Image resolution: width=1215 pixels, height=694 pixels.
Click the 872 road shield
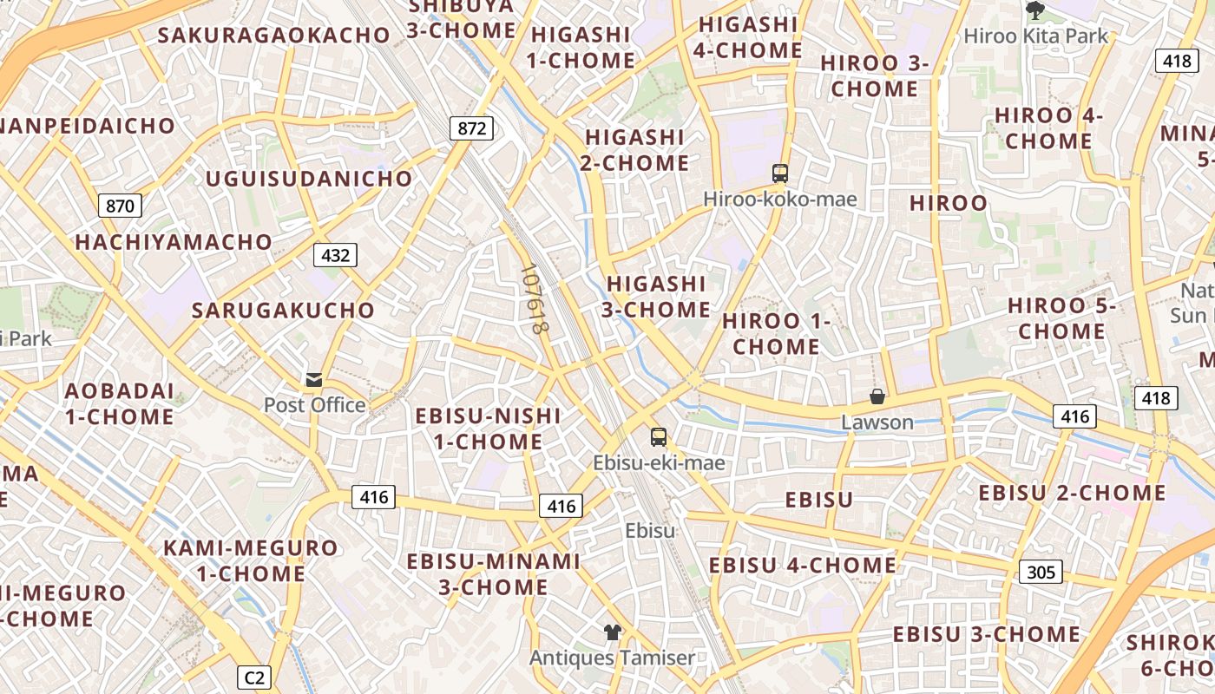tap(472, 128)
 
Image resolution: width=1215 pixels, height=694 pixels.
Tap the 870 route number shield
tap(120, 206)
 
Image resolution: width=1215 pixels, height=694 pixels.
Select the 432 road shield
tap(335, 255)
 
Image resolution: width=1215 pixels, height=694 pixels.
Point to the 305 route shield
tap(1041, 572)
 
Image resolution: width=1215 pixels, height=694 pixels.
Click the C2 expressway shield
tap(254, 677)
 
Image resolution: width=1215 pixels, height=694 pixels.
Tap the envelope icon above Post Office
tap(314, 380)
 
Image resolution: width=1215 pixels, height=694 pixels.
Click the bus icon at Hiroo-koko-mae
tap(779, 173)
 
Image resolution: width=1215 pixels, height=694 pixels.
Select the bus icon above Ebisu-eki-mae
tap(659, 436)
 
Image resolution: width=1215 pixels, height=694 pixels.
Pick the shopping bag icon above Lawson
tap(877, 396)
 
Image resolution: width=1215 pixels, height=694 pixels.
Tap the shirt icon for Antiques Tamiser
tap(613, 632)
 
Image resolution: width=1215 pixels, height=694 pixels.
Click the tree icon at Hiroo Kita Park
tap(1034, 10)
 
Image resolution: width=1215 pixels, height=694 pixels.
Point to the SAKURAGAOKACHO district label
tap(274, 36)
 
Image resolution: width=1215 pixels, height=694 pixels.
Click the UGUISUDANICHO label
tap(309, 179)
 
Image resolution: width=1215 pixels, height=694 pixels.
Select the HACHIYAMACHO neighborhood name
tap(174, 242)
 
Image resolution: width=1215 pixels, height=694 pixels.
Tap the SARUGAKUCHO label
tap(283, 311)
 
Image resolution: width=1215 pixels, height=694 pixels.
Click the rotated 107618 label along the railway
tap(534, 300)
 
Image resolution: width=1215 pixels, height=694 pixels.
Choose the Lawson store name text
tap(877, 422)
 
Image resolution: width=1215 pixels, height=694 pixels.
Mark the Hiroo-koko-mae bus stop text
tap(779, 200)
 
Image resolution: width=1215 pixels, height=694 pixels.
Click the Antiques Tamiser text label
tap(613, 658)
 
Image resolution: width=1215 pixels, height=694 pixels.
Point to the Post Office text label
tap(314, 405)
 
